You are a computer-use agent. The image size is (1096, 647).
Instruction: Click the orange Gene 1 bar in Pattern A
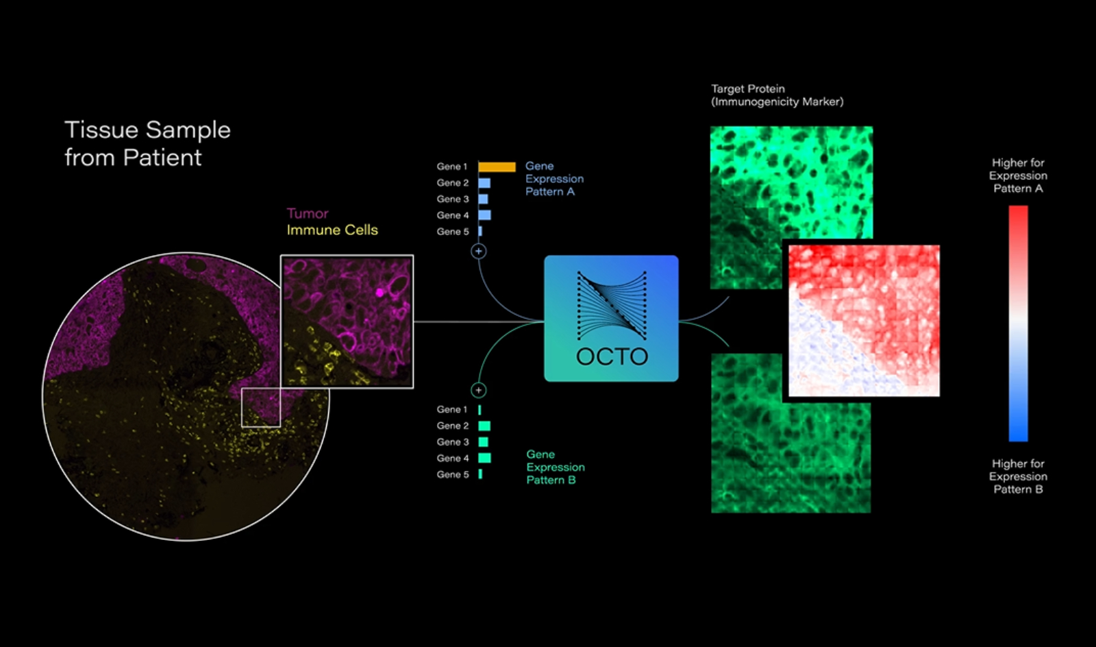pyautogui.click(x=497, y=167)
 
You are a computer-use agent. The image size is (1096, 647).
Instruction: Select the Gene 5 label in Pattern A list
pyautogui.click(x=453, y=232)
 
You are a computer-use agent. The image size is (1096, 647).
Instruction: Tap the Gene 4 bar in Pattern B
pyautogui.click(x=484, y=458)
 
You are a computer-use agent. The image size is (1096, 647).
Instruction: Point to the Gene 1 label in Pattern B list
pyautogui.click(x=452, y=409)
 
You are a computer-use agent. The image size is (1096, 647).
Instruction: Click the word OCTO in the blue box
pyautogui.click(x=612, y=356)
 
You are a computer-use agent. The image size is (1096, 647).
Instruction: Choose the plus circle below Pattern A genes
pyautogui.click(x=479, y=252)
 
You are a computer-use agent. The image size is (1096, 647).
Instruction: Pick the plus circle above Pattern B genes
pyautogui.click(x=479, y=390)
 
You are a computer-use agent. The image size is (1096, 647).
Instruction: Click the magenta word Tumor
pyautogui.click(x=308, y=213)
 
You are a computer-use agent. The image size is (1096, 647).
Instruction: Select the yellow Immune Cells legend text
pyautogui.click(x=332, y=230)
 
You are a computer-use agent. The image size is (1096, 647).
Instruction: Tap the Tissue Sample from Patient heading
pyautogui.click(x=147, y=143)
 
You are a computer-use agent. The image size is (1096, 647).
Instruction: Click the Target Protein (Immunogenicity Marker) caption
pyautogui.click(x=777, y=95)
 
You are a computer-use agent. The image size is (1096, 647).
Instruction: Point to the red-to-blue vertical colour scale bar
pyautogui.click(x=1018, y=323)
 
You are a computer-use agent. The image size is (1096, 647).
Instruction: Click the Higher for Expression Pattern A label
pyautogui.click(x=1018, y=175)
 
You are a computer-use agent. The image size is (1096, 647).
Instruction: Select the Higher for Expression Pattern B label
pyautogui.click(x=1018, y=476)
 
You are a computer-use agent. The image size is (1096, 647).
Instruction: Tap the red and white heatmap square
pyautogui.click(x=864, y=320)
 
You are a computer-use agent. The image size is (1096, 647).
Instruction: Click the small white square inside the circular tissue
pyautogui.click(x=261, y=408)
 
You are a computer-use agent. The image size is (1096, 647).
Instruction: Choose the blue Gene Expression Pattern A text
pyautogui.click(x=554, y=179)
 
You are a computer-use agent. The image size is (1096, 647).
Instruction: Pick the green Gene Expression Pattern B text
pyautogui.click(x=555, y=467)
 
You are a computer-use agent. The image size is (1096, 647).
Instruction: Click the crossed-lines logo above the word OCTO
pyautogui.click(x=612, y=306)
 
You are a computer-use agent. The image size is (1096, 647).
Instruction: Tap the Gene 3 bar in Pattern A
pyautogui.click(x=483, y=199)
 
